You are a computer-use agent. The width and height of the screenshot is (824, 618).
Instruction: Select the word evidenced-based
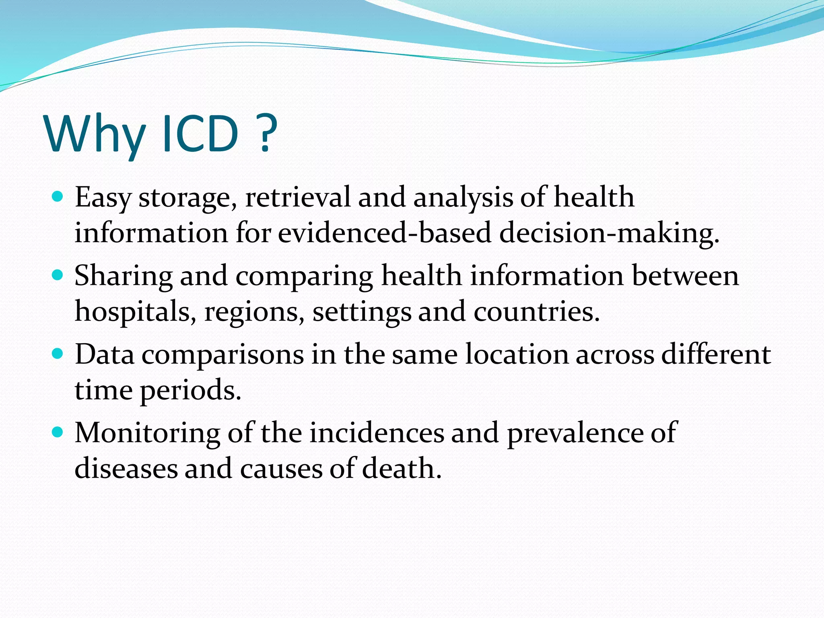pos(385,233)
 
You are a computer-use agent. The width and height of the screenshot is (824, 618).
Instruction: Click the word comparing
pos(304,277)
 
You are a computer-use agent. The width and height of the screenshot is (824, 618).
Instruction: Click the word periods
pos(190,391)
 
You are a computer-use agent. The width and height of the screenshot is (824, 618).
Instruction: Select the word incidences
pos(377,433)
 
